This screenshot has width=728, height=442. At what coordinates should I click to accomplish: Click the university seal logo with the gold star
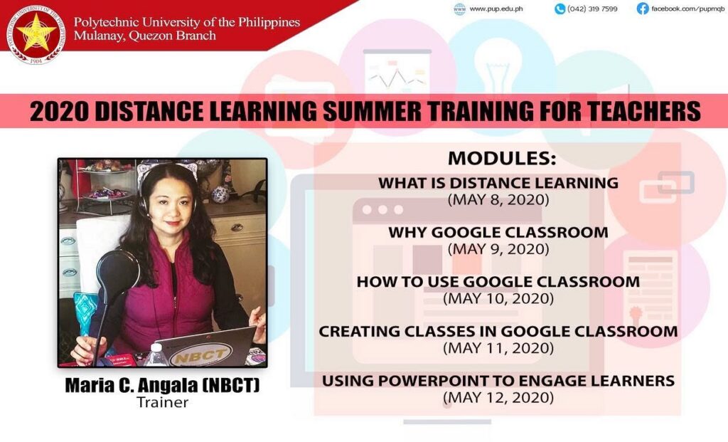click(x=36, y=34)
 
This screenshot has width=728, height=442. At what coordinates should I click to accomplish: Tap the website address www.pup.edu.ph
click(x=496, y=9)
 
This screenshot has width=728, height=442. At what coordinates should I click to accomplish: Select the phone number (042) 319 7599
click(x=592, y=9)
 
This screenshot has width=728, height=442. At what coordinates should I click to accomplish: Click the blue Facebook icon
click(x=643, y=9)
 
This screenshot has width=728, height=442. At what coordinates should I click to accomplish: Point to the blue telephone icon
click(x=560, y=9)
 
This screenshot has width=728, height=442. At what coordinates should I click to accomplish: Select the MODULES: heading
click(x=502, y=159)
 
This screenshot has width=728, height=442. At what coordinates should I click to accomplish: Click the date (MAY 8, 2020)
click(x=498, y=200)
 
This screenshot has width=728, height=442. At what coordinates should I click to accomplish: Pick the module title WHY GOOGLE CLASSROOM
click(x=498, y=232)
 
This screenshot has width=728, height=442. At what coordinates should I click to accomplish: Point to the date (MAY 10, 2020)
click(x=498, y=298)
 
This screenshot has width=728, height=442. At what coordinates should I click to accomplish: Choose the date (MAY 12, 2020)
click(x=498, y=398)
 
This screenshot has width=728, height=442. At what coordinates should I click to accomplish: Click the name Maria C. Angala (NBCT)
click(x=162, y=385)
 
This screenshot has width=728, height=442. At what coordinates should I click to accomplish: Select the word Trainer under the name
click(x=163, y=402)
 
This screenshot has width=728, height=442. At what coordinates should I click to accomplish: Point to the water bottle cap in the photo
click(x=157, y=346)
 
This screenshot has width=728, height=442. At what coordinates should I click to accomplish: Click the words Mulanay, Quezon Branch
click(x=144, y=36)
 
